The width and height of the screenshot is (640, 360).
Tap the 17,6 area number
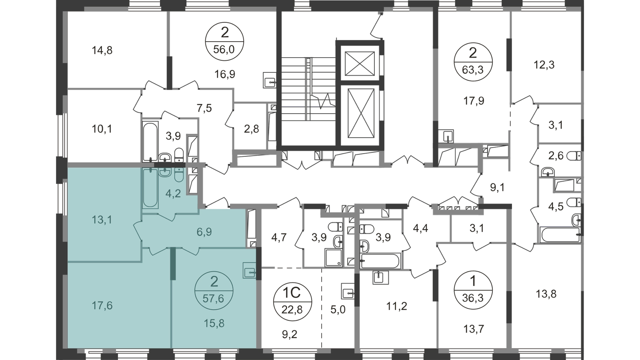pos(102,306)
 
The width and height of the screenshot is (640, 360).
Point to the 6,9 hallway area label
pos(204,232)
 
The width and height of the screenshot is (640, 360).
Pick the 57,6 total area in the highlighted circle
pos(214,298)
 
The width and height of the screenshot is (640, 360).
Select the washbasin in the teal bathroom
pos(164,172)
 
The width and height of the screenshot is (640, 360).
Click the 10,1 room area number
pos(102,129)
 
